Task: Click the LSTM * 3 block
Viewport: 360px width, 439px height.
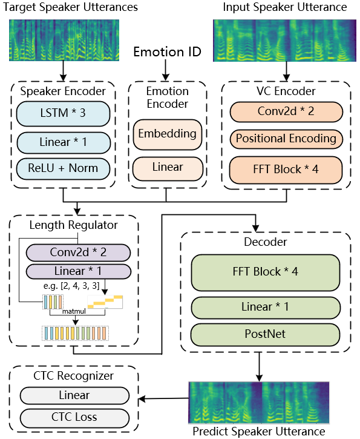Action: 63,114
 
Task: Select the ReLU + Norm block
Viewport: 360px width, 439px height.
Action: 63,168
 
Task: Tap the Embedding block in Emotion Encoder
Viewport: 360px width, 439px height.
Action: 167,134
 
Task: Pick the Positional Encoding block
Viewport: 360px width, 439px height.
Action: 286,139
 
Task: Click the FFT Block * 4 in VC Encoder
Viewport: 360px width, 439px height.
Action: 286,170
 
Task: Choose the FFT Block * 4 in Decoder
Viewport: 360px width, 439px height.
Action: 266,272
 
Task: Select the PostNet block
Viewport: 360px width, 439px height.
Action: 265,335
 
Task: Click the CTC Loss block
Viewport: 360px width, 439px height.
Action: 74,418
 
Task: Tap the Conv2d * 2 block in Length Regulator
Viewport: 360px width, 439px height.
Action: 78,253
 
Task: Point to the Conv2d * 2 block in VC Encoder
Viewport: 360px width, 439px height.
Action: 286,111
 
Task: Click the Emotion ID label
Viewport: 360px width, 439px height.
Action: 167,52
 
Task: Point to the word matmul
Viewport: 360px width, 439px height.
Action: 74,311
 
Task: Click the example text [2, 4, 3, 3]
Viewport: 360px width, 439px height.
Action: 80,286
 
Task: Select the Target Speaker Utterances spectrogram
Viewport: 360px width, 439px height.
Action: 64,40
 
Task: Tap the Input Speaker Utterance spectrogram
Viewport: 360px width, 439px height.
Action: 284,41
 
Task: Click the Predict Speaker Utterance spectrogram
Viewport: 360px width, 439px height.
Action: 259,402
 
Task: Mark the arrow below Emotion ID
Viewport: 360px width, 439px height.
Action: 166,70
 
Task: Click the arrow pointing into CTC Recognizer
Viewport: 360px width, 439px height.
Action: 163,398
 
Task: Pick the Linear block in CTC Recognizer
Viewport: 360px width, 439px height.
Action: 74,395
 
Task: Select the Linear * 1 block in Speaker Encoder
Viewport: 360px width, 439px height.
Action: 63,142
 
